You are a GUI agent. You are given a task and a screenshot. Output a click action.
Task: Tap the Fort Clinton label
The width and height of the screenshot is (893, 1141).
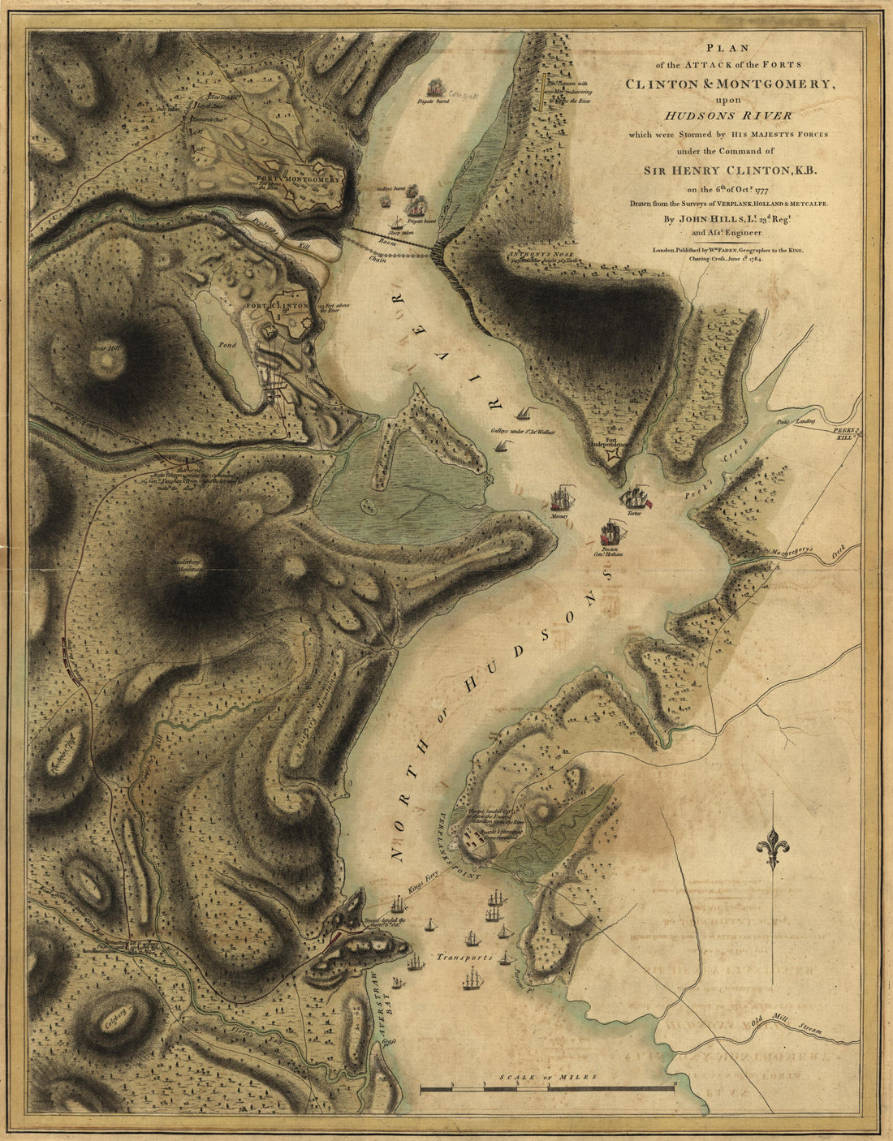278,306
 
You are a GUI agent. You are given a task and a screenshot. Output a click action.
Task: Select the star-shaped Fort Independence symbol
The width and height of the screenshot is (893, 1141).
613,459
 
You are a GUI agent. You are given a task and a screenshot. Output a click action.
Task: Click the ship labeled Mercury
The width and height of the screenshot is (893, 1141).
560,499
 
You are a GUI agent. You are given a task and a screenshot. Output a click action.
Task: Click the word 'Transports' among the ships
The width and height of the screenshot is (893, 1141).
463,958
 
